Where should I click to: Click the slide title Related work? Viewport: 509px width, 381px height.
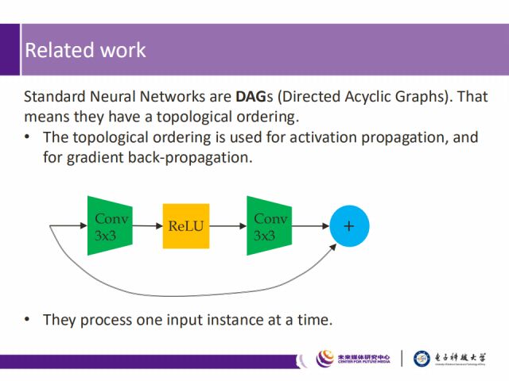tap(85, 50)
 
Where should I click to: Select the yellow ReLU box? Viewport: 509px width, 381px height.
tap(185, 226)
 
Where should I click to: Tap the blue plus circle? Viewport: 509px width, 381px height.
tap(348, 226)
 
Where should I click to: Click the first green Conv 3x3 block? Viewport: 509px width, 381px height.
tap(110, 226)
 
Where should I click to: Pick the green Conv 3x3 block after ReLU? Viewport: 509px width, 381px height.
tap(269, 226)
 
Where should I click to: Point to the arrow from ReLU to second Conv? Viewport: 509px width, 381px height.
tap(227, 226)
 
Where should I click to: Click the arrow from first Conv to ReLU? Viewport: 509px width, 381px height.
tap(147, 226)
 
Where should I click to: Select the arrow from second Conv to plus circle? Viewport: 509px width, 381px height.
tap(309, 226)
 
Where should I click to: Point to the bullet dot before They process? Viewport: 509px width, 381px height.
tap(29, 320)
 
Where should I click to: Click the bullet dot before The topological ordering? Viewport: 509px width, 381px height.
tap(29, 137)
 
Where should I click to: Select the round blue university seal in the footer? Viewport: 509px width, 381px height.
tap(422, 359)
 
